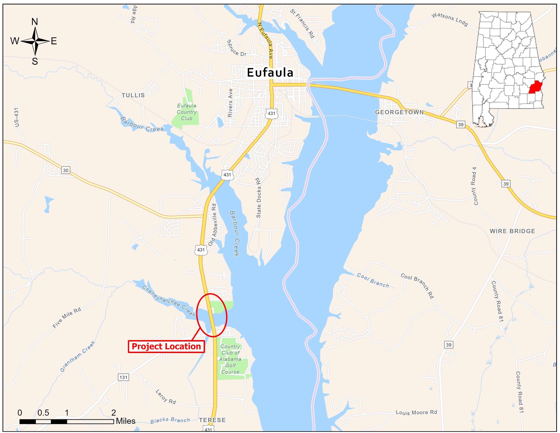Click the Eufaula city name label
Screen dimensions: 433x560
270,73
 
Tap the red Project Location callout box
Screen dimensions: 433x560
166,347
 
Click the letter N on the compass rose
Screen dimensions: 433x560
35,22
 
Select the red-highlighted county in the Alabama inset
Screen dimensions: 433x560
535,87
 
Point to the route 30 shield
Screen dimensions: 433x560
66,170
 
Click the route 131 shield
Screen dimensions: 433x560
123,377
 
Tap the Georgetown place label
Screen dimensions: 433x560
399,112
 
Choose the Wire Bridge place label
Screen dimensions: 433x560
512,231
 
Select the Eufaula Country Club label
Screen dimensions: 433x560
187,112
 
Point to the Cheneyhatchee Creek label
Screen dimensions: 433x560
169,301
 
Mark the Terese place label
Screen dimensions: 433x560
212,420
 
